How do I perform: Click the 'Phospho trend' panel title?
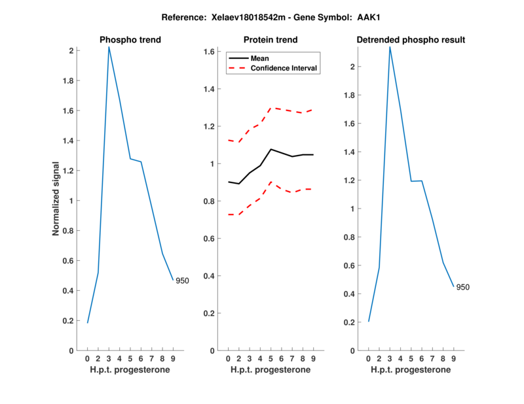(x=130, y=40)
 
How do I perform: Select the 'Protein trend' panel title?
(x=271, y=40)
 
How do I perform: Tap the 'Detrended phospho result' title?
(x=411, y=40)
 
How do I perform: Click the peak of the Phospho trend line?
(x=109, y=47)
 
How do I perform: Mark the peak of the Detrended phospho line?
(x=390, y=47)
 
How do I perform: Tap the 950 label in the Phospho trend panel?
(x=182, y=280)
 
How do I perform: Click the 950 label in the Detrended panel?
(x=462, y=287)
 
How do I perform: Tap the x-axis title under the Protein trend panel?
(x=271, y=370)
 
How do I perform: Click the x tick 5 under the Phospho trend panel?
(x=130, y=359)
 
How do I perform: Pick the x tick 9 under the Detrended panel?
(x=453, y=359)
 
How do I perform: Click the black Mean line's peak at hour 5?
(x=271, y=149)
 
